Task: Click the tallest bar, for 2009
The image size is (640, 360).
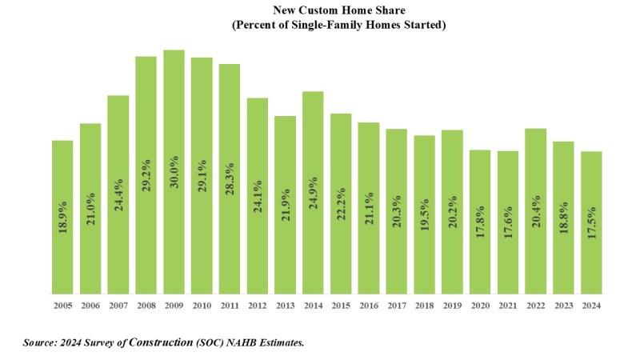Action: click(174, 172)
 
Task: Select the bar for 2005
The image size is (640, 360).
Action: click(62, 217)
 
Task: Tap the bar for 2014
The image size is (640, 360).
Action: click(313, 192)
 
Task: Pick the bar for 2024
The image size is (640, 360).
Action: click(591, 222)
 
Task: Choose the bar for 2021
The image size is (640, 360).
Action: click(507, 222)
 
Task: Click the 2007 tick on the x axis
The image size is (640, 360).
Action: click(118, 305)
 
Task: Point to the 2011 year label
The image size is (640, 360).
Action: click(230, 305)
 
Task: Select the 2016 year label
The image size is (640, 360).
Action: click(369, 305)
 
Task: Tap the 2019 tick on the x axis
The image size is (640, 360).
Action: click(452, 305)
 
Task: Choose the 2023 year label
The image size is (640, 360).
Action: click(563, 305)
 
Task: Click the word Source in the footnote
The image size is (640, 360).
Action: click(40, 342)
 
